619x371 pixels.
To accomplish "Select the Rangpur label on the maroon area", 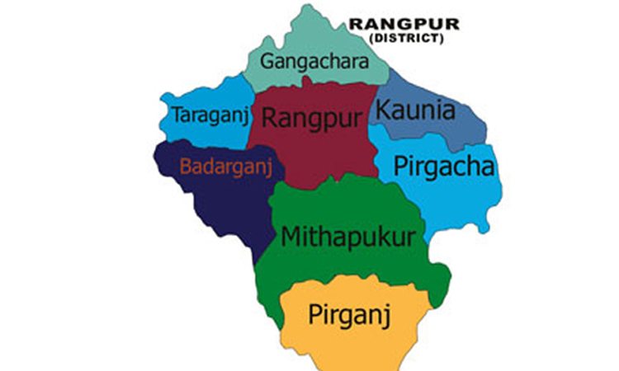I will [311, 118].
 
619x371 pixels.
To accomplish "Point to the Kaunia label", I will [417, 110].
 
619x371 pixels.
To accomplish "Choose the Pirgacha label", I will [444, 166].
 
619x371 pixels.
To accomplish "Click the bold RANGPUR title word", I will [404, 25].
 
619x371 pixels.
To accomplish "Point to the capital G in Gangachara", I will [267, 61].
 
